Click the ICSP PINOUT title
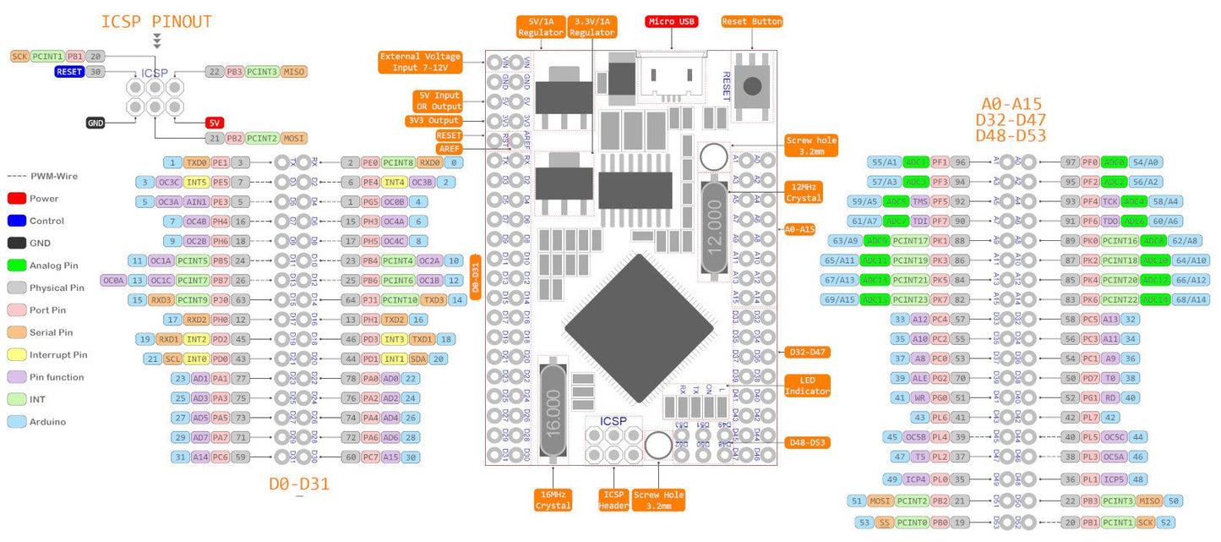point(156,22)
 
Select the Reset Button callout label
point(751,21)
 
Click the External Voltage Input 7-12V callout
point(420,62)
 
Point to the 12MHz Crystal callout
point(803,192)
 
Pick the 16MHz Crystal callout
point(553,500)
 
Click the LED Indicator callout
point(808,386)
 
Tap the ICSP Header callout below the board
point(613,500)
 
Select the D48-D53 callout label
point(808,442)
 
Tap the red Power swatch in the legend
point(16,199)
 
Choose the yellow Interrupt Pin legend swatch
point(16,355)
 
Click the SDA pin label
point(418,359)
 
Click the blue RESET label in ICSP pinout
point(69,72)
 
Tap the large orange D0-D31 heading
point(299,485)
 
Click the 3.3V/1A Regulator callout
point(592,26)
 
